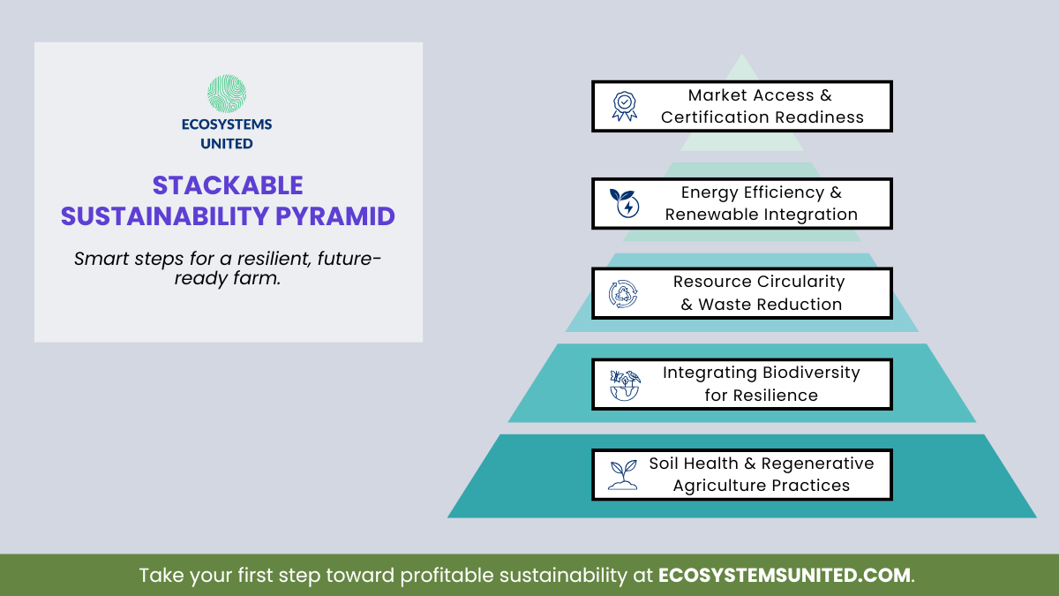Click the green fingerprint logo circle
coord(227,94)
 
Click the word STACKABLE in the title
coord(228,185)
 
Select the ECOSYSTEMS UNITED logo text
coord(227,134)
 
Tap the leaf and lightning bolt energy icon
coord(624,203)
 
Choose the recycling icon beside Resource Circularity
coord(624,294)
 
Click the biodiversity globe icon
coord(624,385)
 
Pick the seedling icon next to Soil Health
coord(624,475)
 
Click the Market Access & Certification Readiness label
coord(762,106)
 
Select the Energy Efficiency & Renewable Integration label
coord(761,203)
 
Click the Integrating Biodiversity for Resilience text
coord(761,384)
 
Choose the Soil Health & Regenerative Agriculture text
coord(761,475)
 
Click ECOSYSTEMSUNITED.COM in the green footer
coord(785,576)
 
